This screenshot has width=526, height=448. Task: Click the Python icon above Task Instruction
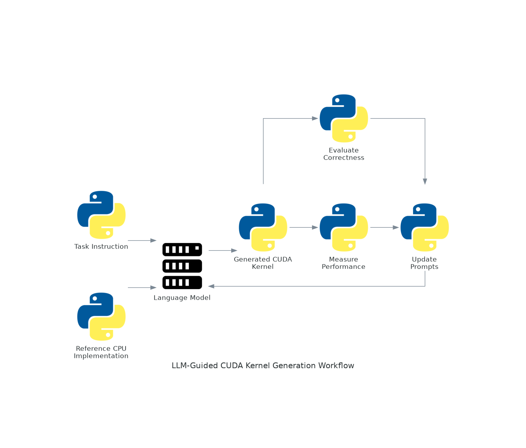tap(101, 215)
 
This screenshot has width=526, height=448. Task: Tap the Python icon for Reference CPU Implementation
tap(101, 317)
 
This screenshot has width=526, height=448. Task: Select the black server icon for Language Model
tap(182, 266)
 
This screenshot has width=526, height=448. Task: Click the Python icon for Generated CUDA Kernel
tap(263, 227)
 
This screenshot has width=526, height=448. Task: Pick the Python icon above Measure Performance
tap(344, 227)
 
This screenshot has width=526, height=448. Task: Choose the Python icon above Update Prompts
tap(425, 227)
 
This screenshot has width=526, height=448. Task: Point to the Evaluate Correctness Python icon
tap(344, 118)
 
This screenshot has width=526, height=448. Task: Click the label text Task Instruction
tap(101, 246)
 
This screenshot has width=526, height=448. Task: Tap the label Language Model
tap(182, 298)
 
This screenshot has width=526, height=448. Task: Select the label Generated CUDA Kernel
tap(263, 263)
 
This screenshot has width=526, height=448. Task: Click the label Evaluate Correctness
tap(344, 154)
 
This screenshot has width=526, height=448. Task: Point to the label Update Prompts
tap(424, 263)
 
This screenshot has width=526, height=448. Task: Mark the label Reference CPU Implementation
tap(101, 352)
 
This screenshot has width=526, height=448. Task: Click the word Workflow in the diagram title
tap(336, 365)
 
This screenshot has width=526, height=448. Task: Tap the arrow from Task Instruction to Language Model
tap(142, 241)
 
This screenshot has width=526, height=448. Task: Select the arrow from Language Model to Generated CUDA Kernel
tap(223, 250)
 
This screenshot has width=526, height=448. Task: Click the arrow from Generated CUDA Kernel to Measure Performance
tap(303, 227)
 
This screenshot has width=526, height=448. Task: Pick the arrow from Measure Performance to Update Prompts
tap(384, 227)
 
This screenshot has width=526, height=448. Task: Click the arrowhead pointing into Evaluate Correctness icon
tap(315, 118)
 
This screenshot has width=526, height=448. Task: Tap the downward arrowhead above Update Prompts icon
tap(425, 181)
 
